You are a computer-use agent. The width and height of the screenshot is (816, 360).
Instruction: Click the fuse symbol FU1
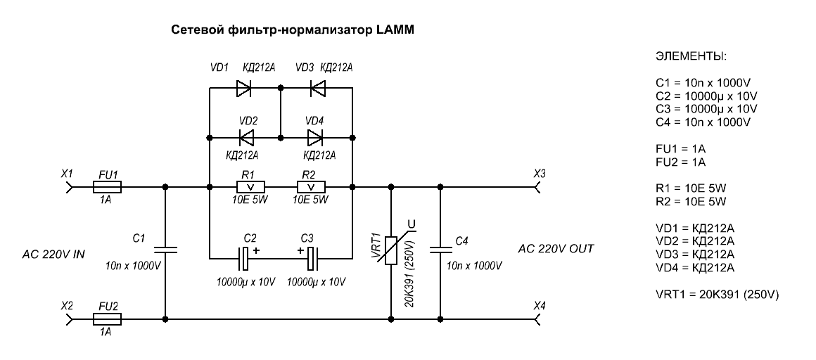click(108, 187)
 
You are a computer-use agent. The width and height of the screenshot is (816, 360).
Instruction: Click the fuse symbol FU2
click(108, 319)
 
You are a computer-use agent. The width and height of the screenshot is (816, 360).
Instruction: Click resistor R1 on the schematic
click(250, 187)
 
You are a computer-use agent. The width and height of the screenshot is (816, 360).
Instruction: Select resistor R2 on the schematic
click(312, 187)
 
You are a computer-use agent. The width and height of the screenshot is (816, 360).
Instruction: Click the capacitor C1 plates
click(165, 248)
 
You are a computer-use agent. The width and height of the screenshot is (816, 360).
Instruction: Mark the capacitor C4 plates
click(440, 248)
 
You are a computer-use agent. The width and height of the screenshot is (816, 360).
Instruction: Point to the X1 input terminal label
click(68, 173)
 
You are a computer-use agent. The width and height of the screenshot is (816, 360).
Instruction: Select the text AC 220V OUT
click(556, 249)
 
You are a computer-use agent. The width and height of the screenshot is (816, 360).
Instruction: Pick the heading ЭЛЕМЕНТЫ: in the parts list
click(691, 56)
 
